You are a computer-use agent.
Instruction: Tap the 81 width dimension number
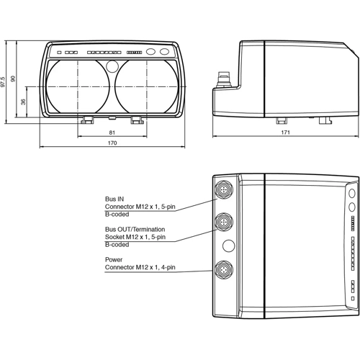point(112,132)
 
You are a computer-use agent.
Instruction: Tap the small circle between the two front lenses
point(112,67)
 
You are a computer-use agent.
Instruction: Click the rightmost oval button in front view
point(165,52)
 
